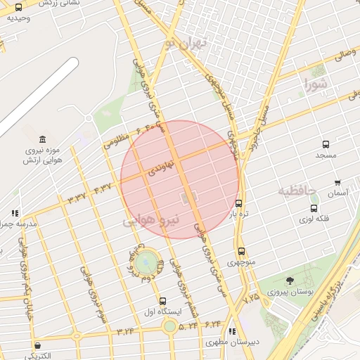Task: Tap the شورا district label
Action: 316,86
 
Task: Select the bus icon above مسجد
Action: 326,144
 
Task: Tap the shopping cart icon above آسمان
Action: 337,182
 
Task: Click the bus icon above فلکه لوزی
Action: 314,208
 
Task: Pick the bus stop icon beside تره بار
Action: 239,203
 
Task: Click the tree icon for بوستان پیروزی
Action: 290,281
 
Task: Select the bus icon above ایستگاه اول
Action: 163,301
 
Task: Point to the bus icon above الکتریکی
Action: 37,345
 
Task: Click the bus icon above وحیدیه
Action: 18,7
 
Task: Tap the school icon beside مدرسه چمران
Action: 15,213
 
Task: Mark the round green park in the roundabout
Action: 147,263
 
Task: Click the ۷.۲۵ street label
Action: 251,299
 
